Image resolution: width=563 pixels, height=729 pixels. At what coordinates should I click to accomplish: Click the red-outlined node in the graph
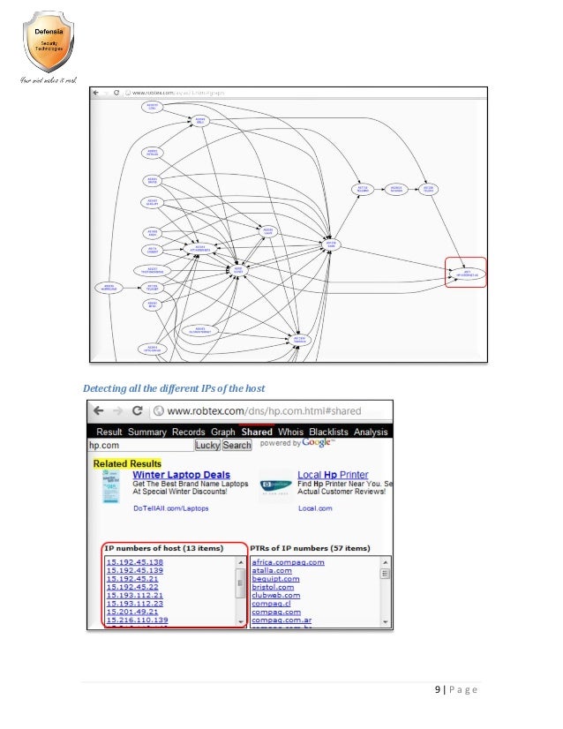point(466,274)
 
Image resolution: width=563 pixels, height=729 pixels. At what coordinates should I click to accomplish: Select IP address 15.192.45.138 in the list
point(135,562)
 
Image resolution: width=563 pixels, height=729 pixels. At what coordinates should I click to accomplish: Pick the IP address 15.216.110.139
point(137,619)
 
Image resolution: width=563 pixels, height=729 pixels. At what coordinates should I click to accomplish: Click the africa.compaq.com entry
point(288,562)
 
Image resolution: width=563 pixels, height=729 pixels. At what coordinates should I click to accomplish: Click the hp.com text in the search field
point(106,446)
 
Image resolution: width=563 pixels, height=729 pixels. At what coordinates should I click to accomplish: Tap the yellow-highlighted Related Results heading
point(128,462)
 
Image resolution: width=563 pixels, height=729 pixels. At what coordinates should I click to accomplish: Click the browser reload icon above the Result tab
point(138,410)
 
